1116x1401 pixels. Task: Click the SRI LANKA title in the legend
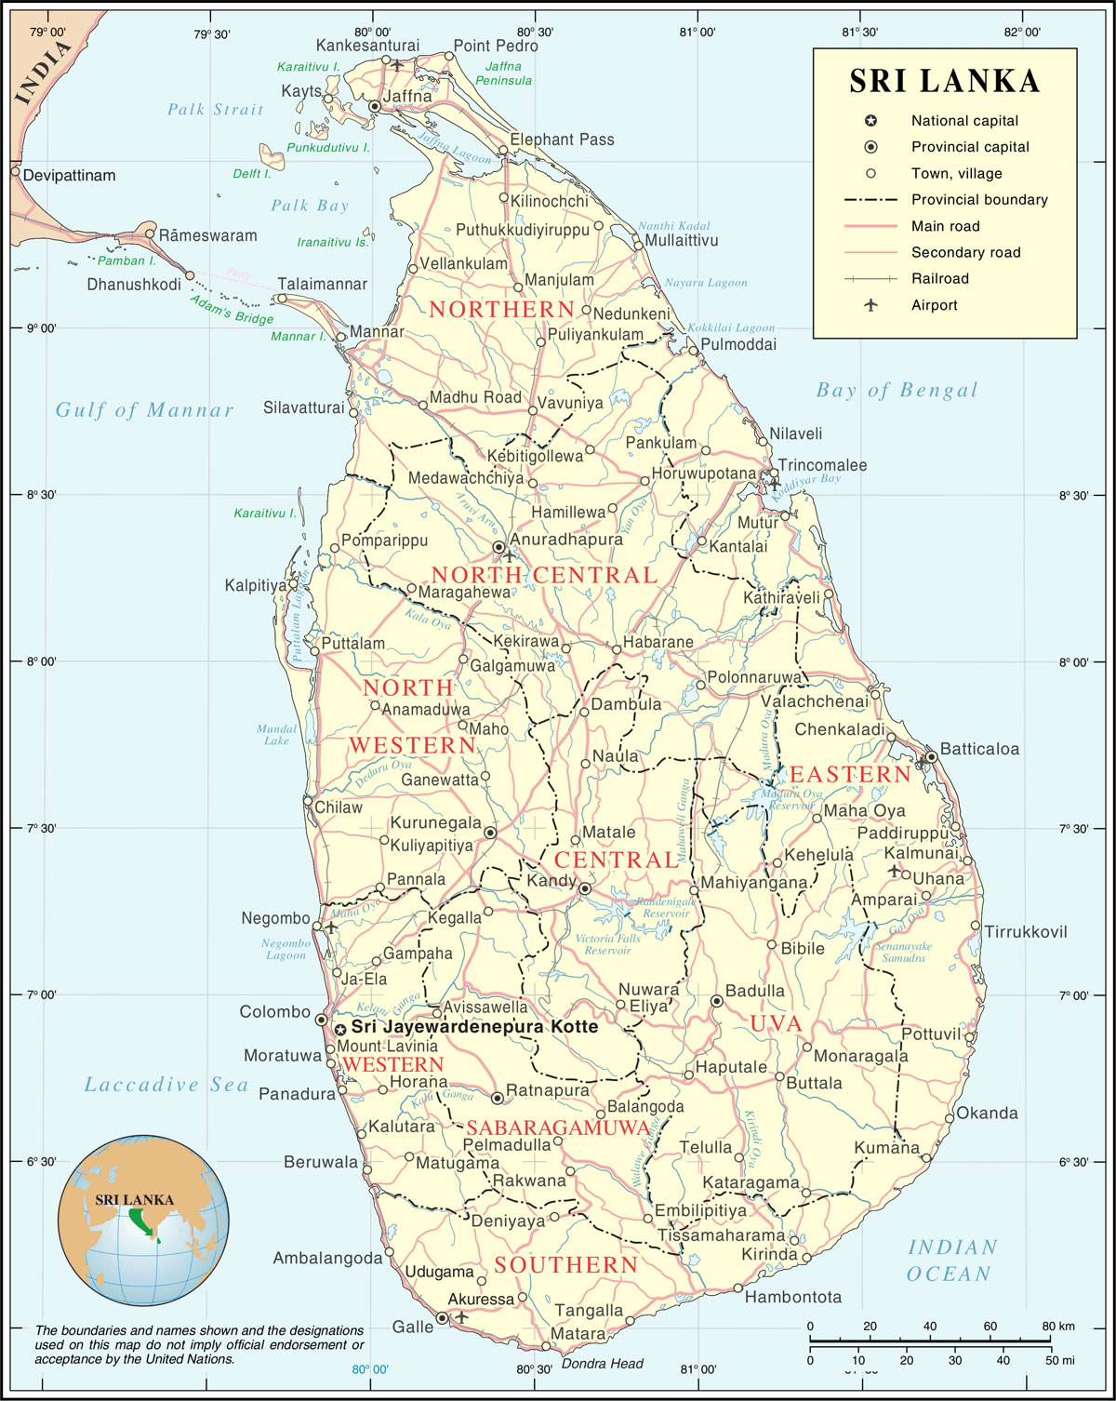944,82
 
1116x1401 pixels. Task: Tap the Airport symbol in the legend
870,305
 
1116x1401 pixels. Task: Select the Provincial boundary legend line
870,200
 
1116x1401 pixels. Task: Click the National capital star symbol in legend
870,121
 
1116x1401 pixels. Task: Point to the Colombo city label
275,1012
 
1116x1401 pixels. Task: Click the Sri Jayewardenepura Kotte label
474,1027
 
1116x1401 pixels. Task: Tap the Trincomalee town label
822,465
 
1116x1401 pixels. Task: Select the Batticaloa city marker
931,757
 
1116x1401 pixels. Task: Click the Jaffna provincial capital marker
375,107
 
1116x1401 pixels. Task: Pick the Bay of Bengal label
897,391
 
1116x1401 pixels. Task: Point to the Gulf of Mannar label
144,410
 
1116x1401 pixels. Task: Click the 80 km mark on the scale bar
1050,1341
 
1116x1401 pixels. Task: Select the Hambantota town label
792,1297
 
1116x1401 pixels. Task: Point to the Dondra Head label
602,1364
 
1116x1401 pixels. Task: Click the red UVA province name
776,1024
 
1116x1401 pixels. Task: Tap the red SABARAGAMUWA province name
558,1127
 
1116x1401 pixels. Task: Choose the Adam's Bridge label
232,310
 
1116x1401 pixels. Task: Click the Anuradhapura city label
566,540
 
